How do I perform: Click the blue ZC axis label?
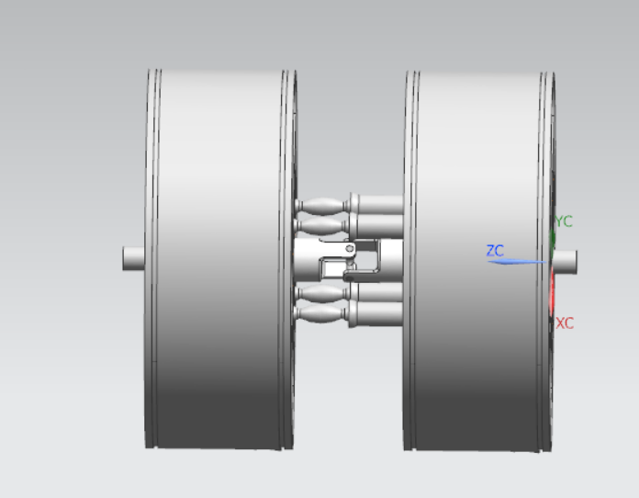click(495, 250)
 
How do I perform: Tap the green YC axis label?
click(564, 221)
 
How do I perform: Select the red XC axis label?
click(565, 323)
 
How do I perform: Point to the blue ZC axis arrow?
click(519, 262)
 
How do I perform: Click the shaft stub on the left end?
click(134, 259)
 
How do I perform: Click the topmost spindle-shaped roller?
click(321, 204)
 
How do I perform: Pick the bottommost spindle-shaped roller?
click(321, 317)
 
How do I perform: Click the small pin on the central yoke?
click(350, 249)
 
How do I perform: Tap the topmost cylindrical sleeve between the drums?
click(376, 204)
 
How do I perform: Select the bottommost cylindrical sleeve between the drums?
click(376, 315)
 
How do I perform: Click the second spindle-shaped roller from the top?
click(321, 224)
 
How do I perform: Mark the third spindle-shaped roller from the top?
click(321, 295)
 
